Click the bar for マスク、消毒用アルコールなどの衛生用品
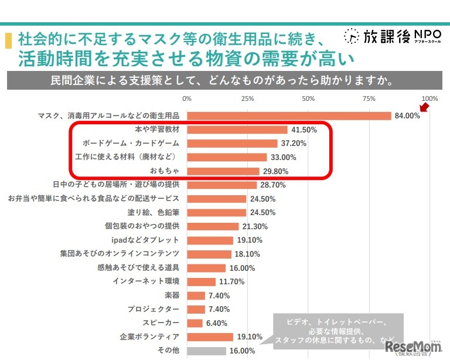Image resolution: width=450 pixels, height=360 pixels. click(289, 116)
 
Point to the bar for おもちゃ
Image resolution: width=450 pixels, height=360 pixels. click(223, 171)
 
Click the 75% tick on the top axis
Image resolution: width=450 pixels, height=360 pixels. click(369, 99)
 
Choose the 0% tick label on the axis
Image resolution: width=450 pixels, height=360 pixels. click(187, 99)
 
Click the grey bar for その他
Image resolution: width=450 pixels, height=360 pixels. click(206, 351)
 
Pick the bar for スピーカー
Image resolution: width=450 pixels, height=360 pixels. click(195, 323)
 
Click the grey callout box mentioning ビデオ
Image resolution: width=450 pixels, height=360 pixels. click(336, 332)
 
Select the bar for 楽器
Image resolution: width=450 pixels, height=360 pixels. click(196, 296)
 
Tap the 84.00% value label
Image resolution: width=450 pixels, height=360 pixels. click(407, 116)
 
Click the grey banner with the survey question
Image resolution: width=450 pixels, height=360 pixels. click(224, 80)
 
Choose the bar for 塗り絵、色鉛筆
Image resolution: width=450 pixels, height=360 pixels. click(216, 212)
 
